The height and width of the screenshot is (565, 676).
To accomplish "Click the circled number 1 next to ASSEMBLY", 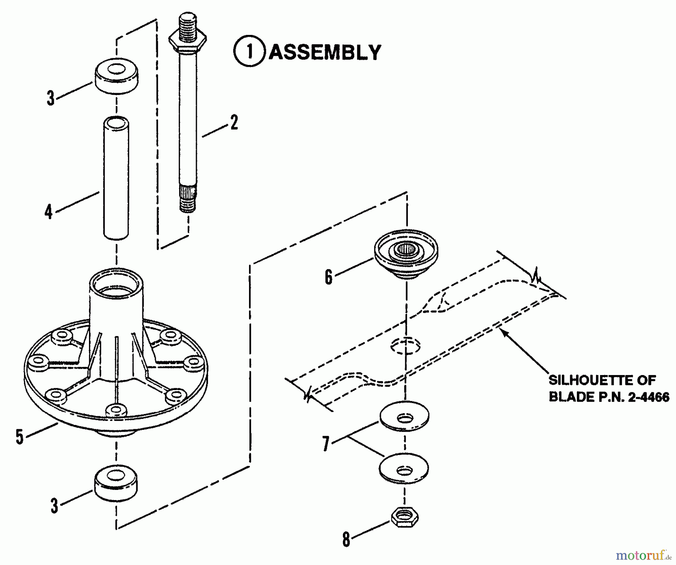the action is pyautogui.click(x=249, y=52).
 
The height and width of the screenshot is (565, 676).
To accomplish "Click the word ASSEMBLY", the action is pyautogui.click(x=325, y=52).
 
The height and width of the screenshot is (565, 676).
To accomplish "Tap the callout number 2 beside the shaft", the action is pyautogui.click(x=234, y=123).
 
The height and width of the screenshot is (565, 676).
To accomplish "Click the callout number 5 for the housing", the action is pyautogui.click(x=20, y=437).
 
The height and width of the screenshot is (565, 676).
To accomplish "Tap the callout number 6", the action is pyautogui.click(x=329, y=277).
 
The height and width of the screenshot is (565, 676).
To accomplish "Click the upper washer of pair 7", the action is pyautogui.click(x=404, y=416).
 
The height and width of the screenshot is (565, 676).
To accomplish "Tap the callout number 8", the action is pyautogui.click(x=346, y=540).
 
